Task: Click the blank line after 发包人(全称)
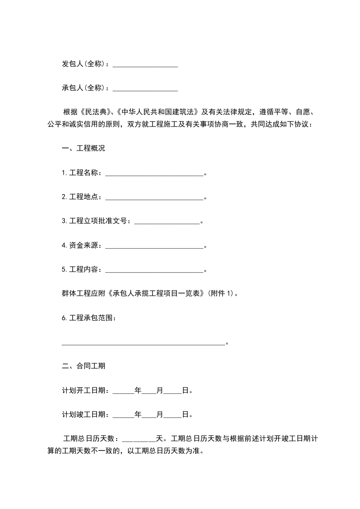(x=145, y=65)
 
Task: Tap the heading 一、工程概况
(x=83, y=148)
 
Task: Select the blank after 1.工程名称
(x=154, y=173)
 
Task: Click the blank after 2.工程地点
(x=154, y=197)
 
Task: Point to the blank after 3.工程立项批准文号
(x=168, y=221)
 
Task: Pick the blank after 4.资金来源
(x=154, y=246)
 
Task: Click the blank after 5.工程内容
(x=154, y=270)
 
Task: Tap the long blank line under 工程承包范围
(x=143, y=343)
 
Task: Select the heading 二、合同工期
(x=83, y=366)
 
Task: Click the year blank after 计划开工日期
(x=123, y=390)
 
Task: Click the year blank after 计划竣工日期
(x=123, y=414)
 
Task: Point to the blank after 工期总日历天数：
(x=139, y=439)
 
